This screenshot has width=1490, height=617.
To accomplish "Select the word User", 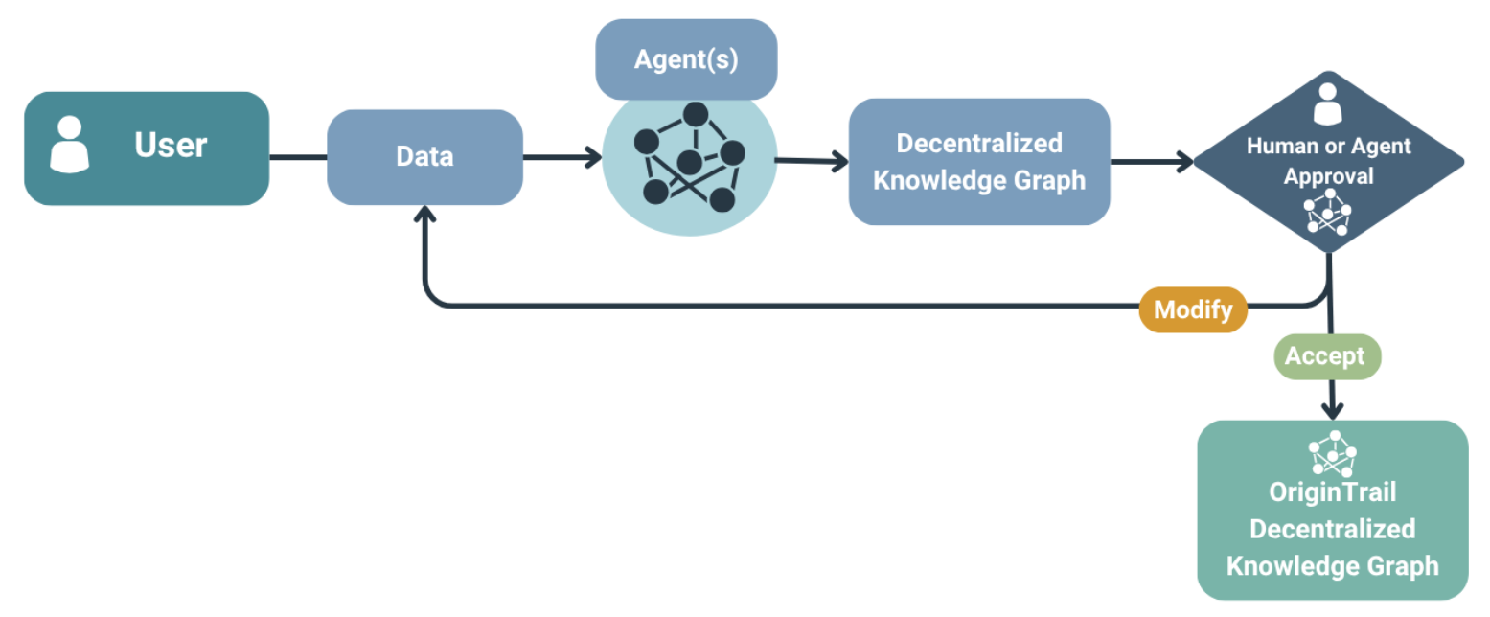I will [x=171, y=146].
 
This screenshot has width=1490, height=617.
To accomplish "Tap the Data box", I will [x=424, y=157].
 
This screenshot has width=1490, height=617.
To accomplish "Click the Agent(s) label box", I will [x=685, y=59].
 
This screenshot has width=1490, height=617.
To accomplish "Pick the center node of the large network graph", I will [x=688, y=162].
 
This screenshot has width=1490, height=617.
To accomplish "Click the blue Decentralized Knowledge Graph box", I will [x=978, y=161].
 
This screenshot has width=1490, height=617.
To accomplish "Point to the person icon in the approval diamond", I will [x=1326, y=104].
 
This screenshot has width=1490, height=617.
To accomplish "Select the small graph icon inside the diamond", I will [x=1326, y=213].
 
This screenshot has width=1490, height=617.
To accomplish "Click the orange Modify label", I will [x=1192, y=310].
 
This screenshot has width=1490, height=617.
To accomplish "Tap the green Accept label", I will [x=1325, y=356].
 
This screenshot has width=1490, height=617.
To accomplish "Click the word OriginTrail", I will [x=1332, y=492].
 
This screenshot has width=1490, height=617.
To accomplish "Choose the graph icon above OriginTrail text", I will [x=1332, y=453].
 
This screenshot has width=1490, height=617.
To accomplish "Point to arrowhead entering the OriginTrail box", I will [x=1331, y=410].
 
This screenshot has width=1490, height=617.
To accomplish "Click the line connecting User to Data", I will [x=298, y=157].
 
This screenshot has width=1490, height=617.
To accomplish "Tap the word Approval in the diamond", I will [x=1327, y=177].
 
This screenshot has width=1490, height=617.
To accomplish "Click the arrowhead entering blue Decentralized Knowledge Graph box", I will [x=840, y=162].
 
